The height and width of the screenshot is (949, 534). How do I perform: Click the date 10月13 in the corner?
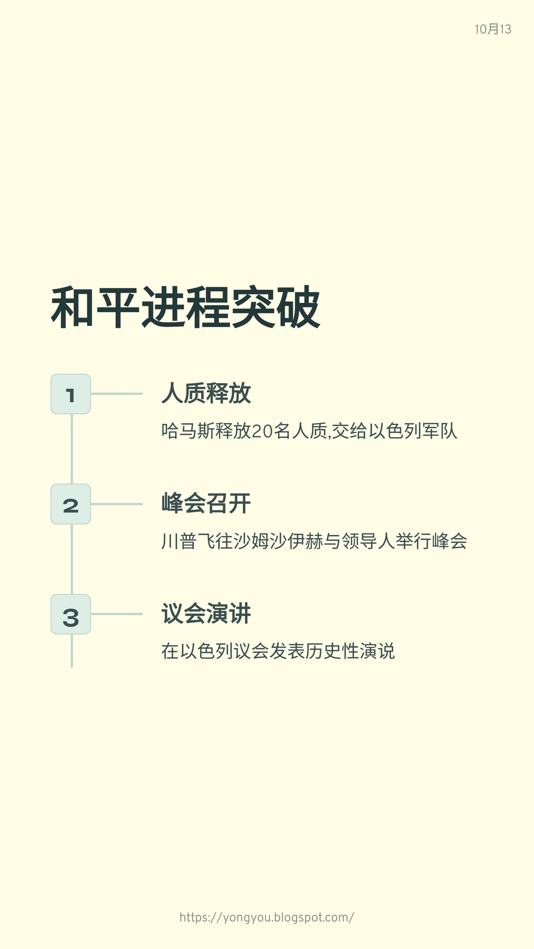click(493, 29)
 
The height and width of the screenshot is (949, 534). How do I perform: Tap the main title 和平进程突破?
click(186, 307)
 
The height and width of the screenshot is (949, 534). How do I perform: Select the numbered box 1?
click(71, 394)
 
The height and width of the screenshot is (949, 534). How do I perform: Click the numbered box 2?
click(71, 504)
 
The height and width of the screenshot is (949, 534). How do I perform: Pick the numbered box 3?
click(71, 614)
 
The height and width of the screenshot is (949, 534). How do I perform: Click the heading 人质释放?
click(206, 393)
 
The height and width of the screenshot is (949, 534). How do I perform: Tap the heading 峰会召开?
click(206, 503)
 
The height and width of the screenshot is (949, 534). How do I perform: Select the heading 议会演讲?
click(206, 614)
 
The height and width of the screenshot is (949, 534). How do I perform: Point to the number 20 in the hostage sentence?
click(262, 431)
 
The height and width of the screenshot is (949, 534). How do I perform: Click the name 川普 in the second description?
click(179, 541)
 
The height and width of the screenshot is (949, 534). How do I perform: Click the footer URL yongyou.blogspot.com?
click(267, 917)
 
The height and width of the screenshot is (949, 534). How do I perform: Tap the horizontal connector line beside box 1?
click(116, 394)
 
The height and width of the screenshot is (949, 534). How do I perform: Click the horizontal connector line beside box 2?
click(116, 504)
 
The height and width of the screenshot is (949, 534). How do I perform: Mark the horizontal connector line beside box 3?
click(116, 614)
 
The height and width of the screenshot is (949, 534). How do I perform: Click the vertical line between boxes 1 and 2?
click(72, 449)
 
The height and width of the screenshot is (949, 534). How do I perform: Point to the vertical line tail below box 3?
click(72, 650)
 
